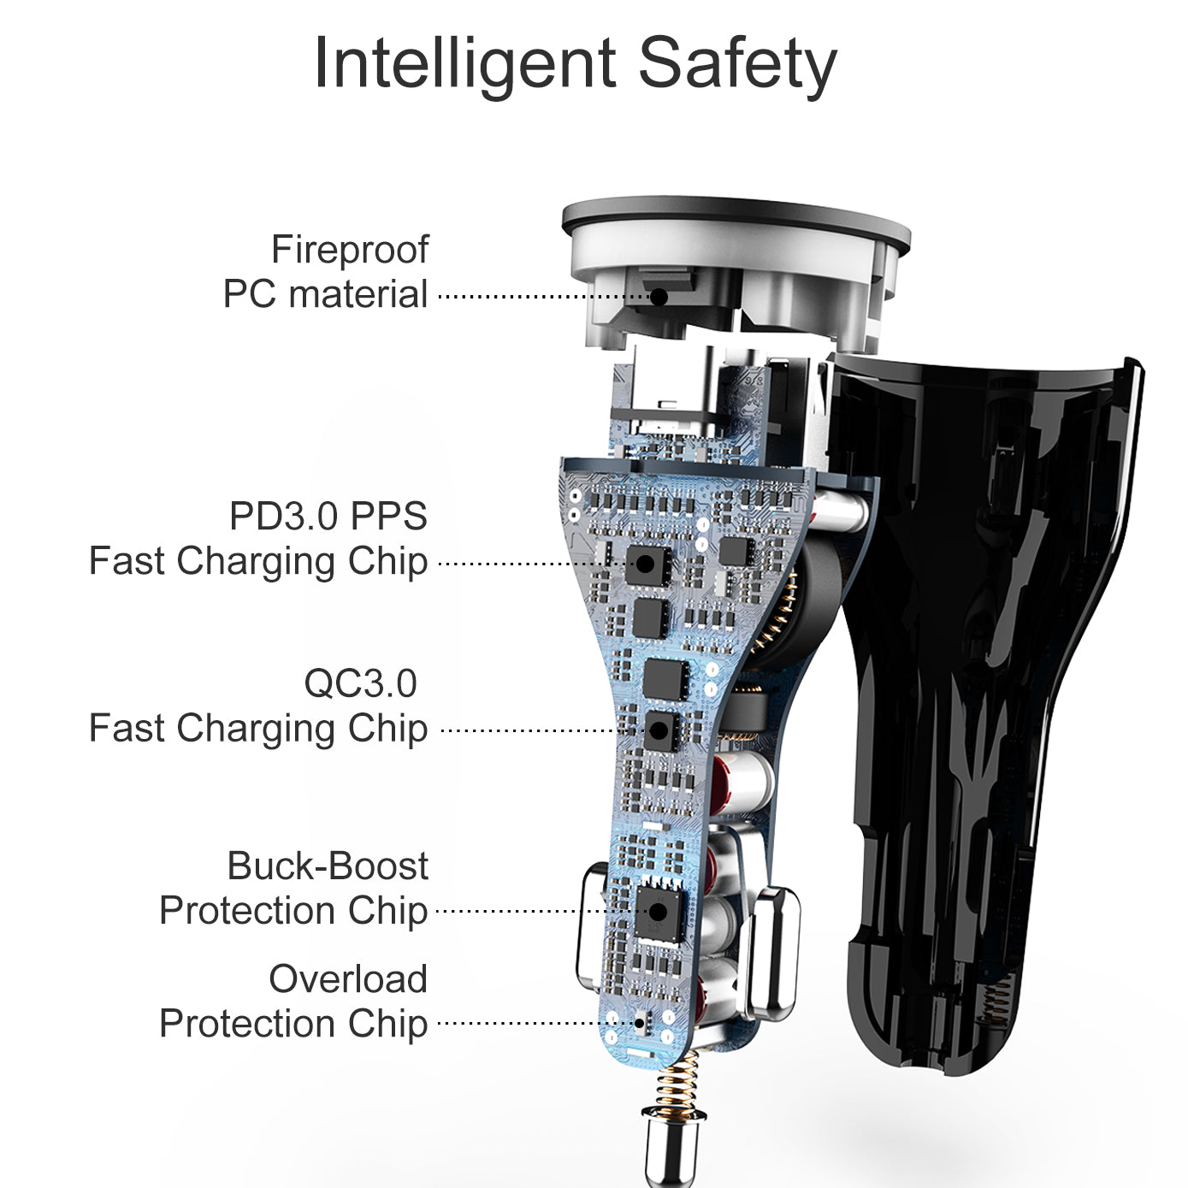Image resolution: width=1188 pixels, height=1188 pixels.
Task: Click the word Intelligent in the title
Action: [464, 64]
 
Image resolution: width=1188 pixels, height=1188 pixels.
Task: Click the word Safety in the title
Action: [737, 64]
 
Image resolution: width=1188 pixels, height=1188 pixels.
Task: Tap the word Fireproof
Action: [350, 250]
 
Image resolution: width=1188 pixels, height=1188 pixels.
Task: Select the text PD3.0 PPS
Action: [328, 517]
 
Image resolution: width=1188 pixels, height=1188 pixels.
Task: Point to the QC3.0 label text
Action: [360, 683]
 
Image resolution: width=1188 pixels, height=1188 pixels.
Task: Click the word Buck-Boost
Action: [328, 866]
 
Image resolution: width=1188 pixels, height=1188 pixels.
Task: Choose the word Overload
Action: [348, 979]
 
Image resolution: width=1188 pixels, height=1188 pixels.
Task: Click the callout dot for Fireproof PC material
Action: [659, 297]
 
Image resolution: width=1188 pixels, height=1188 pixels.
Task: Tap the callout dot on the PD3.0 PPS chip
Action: [645, 564]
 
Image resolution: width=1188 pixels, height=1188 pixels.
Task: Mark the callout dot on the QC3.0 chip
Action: [659, 730]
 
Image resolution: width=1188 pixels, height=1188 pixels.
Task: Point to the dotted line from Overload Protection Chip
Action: [530, 1023]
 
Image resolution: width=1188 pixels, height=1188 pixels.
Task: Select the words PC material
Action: [325, 295]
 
